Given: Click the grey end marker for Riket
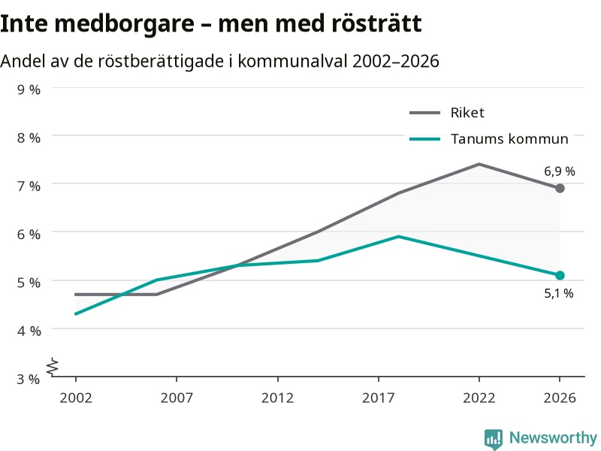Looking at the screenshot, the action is [x=560, y=189].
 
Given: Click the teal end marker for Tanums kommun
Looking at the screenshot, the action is [x=560, y=275].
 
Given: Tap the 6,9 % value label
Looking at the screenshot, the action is [x=560, y=171].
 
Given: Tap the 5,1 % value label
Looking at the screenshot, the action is [x=559, y=293].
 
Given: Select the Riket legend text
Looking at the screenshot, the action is [x=467, y=112].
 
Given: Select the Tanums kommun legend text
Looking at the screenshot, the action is [x=509, y=139].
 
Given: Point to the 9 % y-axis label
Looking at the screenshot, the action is [x=29, y=89].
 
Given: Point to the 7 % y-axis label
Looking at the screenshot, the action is [x=29, y=186].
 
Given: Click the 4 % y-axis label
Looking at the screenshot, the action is [x=29, y=331].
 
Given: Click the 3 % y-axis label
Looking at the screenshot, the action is [x=29, y=379].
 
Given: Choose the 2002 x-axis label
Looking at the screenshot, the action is [x=76, y=398].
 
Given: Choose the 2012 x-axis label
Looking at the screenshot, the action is [x=277, y=398].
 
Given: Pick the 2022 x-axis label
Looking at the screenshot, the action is [x=479, y=398].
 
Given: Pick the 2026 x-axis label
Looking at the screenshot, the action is [x=560, y=398].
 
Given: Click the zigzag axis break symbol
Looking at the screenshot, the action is [x=53, y=367].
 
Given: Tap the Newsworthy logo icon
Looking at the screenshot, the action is [x=494, y=439].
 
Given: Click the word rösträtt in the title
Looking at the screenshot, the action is [x=376, y=23].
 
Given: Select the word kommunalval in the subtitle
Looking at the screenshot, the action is [x=292, y=61].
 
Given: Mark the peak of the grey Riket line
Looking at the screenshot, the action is [x=479, y=164].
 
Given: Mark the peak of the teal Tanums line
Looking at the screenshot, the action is [x=399, y=237].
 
